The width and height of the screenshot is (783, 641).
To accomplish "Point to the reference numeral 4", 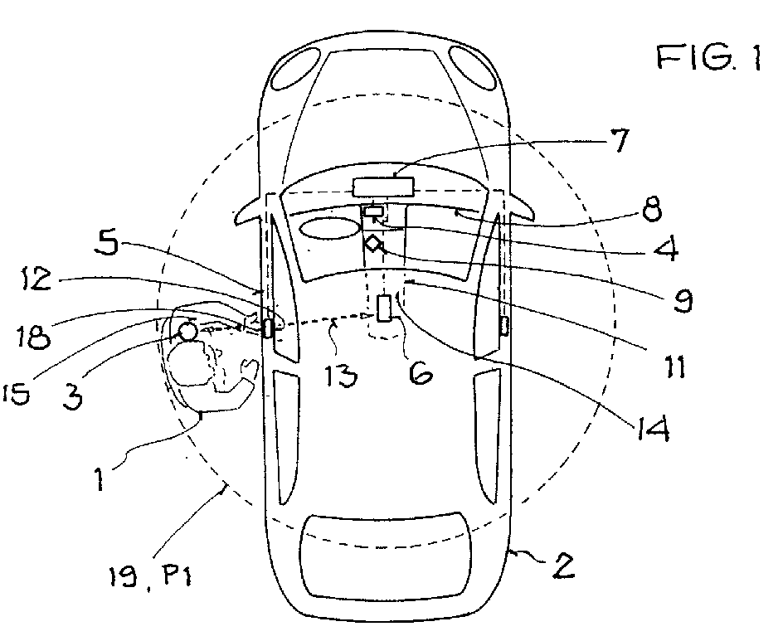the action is point(667,248).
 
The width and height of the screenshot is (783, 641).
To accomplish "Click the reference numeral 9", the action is point(682,300).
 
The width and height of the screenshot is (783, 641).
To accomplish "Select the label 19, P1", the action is point(150,577).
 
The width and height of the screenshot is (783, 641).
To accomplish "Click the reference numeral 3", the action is point(73,397).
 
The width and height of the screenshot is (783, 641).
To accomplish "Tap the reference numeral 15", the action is point(17,395).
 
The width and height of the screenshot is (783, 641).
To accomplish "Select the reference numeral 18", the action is point(33,337).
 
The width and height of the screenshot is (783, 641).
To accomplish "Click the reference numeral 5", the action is point(107,244).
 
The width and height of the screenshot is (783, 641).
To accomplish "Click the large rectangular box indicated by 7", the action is point(383,187).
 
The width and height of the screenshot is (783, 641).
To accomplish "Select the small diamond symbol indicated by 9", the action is point(372,244).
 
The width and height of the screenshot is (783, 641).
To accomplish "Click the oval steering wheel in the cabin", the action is point(329,229).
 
